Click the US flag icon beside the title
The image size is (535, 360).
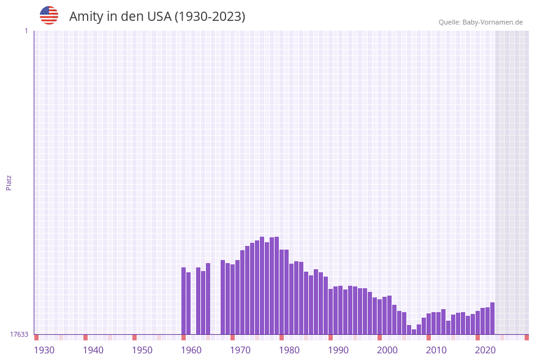click(49, 15)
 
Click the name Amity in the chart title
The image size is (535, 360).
click(86, 17)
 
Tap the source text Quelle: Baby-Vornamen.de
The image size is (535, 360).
click(480, 22)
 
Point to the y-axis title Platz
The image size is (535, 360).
click(9, 182)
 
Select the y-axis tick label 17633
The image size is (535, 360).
click(19, 334)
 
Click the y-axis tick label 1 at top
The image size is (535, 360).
click(26, 31)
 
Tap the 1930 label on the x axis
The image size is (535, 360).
click(44, 350)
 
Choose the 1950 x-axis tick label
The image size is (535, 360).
click(142, 350)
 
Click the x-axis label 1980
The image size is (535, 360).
click(289, 350)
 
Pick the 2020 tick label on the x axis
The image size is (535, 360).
click(485, 350)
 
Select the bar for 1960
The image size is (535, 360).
click(183, 301)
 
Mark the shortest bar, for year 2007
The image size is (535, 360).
click(414, 332)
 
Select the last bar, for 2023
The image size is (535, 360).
click(492, 318)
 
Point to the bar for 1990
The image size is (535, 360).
click(330, 312)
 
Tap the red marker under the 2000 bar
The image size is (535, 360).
click(379, 337)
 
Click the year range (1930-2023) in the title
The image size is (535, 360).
click(210, 17)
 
